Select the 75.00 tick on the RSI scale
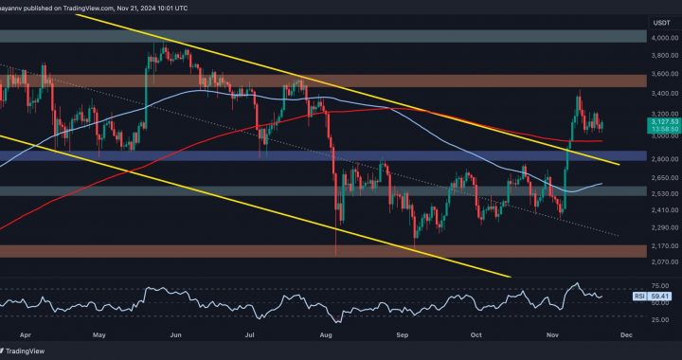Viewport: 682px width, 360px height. (659, 284)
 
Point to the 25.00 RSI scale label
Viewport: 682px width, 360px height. (659, 317)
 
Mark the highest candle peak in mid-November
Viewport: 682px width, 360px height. (579, 93)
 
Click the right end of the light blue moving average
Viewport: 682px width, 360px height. (603, 184)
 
